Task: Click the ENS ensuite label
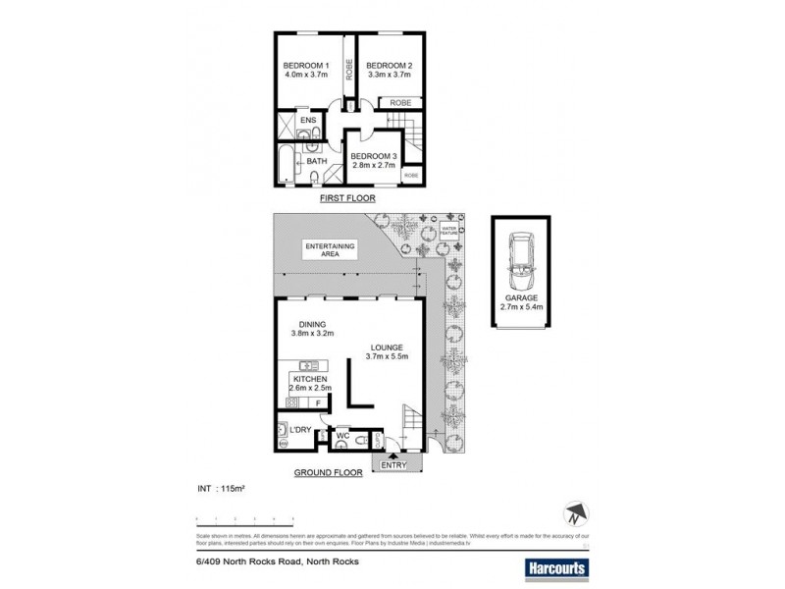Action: [306, 122]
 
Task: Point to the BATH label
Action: [316, 162]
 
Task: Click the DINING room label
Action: [311, 325]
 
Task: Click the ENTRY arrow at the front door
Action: [392, 456]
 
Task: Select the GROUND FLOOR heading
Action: [329, 472]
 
